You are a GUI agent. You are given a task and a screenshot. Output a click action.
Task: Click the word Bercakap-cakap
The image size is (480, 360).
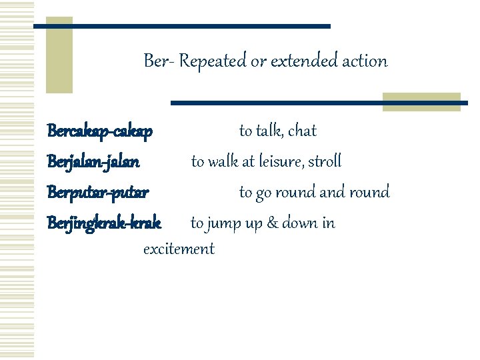tap(100, 131)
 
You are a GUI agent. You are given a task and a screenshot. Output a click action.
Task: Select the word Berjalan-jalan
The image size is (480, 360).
tap(93, 161)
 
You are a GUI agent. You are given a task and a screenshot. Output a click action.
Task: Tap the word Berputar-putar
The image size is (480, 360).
tap(98, 193)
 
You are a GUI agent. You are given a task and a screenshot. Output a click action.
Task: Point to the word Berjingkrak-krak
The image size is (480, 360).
tap(104, 223)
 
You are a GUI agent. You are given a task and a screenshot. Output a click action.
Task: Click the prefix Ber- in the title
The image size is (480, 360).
tap(159, 61)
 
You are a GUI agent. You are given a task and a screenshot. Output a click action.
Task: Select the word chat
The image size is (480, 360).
tap(303, 131)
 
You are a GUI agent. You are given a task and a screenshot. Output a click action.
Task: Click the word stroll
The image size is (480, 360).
tap(325, 161)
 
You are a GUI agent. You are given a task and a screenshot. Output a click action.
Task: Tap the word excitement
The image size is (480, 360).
tap(179, 249)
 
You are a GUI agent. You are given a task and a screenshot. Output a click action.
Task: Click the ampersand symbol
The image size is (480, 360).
tap(272, 223)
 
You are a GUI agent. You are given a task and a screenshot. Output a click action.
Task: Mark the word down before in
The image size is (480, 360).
tap(299, 223)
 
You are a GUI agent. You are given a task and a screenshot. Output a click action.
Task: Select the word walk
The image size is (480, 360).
tap(224, 161)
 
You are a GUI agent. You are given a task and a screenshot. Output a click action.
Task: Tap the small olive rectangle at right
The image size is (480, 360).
tap(422, 101)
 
